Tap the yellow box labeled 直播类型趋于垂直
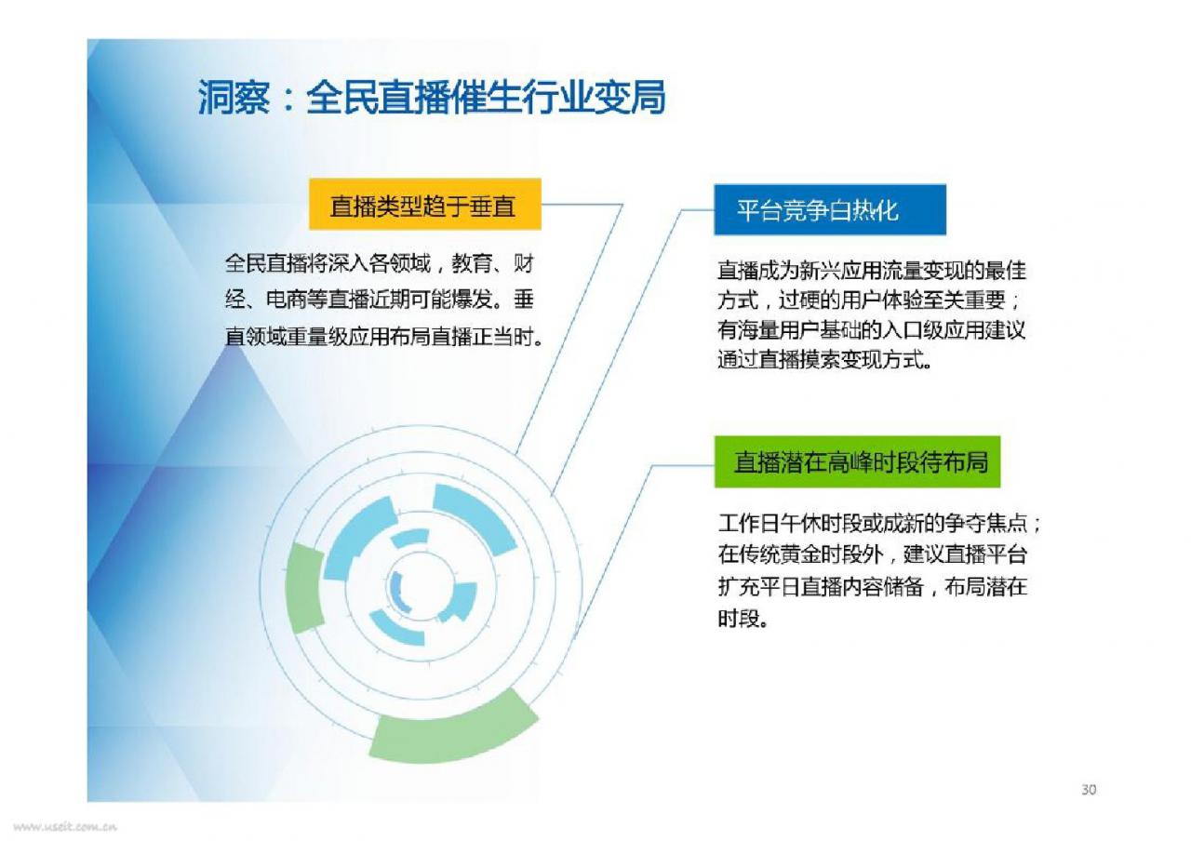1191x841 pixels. pyautogui.click(x=425, y=204)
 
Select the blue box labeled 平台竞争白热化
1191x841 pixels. pyautogui.click(x=830, y=209)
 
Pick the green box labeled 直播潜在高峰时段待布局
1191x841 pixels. pyautogui.click(x=857, y=461)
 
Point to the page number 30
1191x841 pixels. pyautogui.click(x=1089, y=790)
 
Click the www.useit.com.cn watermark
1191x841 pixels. pyautogui.click(x=65, y=827)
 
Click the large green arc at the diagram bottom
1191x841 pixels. pyautogui.click(x=452, y=729)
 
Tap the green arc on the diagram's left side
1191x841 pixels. pyautogui.click(x=304, y=588)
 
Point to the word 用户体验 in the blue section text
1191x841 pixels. pyautogui.click(x=881, y=300)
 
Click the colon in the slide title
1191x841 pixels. pyautogui.click(x=288, y=100)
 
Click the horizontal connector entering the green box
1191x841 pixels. pyautogui.click(x=683, y=466)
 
